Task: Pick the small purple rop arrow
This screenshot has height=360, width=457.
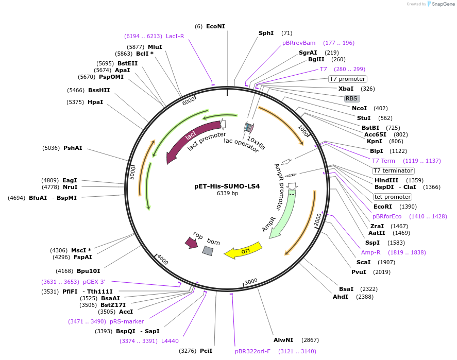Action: [192, 241]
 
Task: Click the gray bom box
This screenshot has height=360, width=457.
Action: [208, 250]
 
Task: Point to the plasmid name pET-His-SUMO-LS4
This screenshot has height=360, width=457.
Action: [227, 186]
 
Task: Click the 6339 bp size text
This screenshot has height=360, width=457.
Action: [227, 194]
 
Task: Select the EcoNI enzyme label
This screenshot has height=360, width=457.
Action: [215, 26]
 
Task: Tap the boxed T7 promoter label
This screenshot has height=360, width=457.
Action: [347, 79]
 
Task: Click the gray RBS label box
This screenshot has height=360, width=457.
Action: [351, 98]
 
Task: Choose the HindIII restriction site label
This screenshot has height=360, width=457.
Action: [386, 180]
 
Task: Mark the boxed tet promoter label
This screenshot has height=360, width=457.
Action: [392, 197]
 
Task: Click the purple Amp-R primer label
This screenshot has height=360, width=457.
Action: [370, 252]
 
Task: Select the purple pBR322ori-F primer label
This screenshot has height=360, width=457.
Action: [252, 351]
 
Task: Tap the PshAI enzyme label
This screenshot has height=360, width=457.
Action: [73, 148]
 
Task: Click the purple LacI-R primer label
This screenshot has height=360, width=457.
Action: [175, 36]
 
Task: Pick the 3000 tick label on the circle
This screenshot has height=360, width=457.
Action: [251, 281]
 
